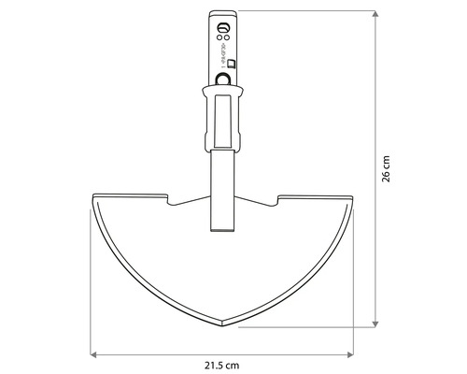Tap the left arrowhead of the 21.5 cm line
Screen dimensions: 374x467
click(x=94, y=352)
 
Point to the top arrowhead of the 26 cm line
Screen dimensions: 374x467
click(x=375, y=13)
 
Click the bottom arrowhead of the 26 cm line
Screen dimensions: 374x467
click(x=375, y=324)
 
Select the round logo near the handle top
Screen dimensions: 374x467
click(x=223, y=25)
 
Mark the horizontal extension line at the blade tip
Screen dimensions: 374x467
click(x=299, y=327)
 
